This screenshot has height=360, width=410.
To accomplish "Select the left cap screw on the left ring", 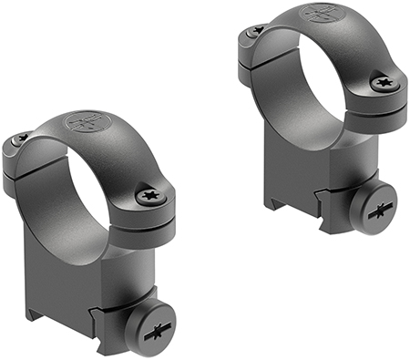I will pyautogui.click(x=20, y=139).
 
